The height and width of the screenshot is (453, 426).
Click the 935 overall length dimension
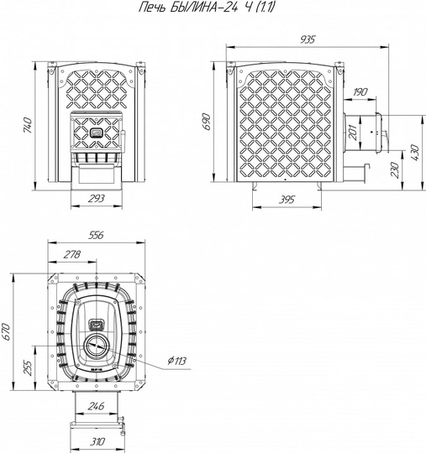click(307, 39)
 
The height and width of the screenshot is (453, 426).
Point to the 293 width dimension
click(96, 199)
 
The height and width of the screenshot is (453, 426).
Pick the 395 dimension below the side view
click(287, 200)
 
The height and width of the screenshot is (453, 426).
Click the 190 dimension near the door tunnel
click(360, 91)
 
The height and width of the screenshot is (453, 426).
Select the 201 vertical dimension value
click(354, 133)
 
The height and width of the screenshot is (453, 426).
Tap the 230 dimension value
click(395, 169)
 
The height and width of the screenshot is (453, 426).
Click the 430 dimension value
click(414, 153)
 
